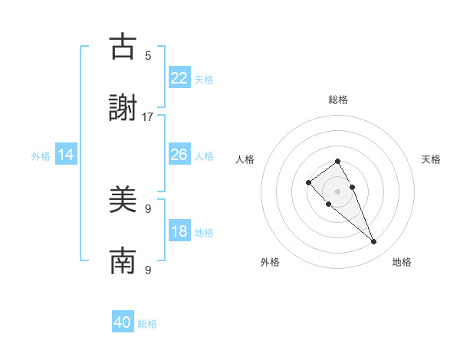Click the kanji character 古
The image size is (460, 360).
coord(123,47)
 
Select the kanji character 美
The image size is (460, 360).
coord(123,201)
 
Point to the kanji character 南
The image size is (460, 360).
coord(123,261)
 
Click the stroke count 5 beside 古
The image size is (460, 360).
coord(148,55)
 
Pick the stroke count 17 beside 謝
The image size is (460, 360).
coord(148,116)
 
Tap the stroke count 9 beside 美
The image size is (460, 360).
coord(148,208)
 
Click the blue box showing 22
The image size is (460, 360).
coord(179,77)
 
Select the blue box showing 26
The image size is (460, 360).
coord(179,155)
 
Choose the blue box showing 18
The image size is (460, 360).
coord(179,231)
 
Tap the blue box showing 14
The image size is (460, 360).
coord(66,155)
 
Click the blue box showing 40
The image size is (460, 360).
coord(123,322)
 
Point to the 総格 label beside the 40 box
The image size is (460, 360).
coord(147,324)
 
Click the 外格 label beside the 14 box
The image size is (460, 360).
coord(41,156)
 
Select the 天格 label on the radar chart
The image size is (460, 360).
coord(431,159)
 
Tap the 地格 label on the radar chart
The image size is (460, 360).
coord(402,262)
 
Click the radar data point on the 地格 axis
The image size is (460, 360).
coord(374,242)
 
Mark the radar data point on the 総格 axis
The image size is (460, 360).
coord(337,161)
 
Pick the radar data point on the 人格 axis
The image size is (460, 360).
coord(308,182)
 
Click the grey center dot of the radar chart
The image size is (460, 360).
coord(337,191)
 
